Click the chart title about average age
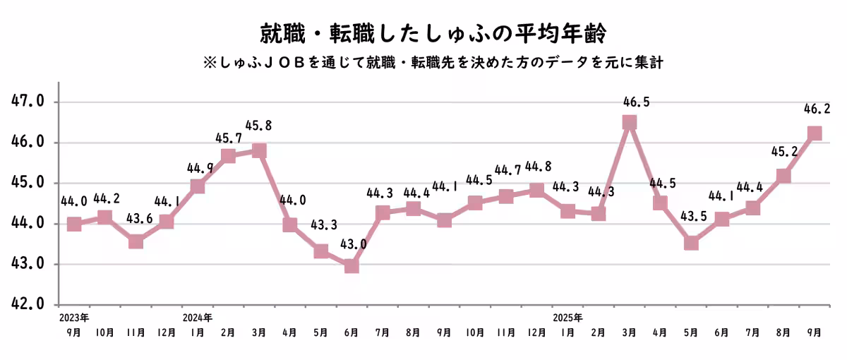(423, 33)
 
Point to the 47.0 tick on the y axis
(28, 102)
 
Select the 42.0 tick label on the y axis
(28, 304)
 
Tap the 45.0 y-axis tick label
(28, 183)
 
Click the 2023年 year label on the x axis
(74, 316)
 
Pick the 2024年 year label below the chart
(197, 316)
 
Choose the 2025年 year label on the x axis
(567, 316)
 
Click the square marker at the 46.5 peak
(629, 122)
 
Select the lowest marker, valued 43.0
(352, 266)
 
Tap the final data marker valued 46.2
(815, 133)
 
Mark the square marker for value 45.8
(259, 150)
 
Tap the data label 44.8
(538, 167)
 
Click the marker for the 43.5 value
(691, 244)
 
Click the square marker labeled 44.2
(104, 217)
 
